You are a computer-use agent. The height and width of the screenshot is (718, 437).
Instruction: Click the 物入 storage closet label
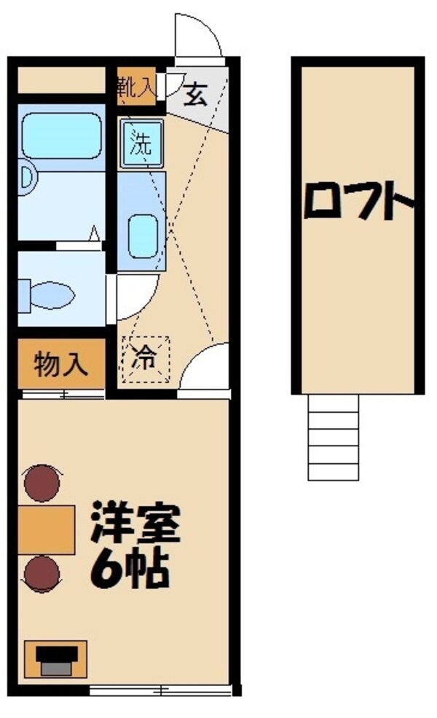tap(62, 363)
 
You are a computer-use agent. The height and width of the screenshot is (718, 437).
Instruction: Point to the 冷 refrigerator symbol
tap(144, 358)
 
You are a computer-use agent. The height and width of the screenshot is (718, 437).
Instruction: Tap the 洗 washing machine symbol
tap(141, 142)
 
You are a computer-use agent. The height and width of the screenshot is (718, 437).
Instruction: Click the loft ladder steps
tap(333, 437)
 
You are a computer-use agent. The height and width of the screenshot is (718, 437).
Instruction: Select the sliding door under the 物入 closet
tap(62, 395)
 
